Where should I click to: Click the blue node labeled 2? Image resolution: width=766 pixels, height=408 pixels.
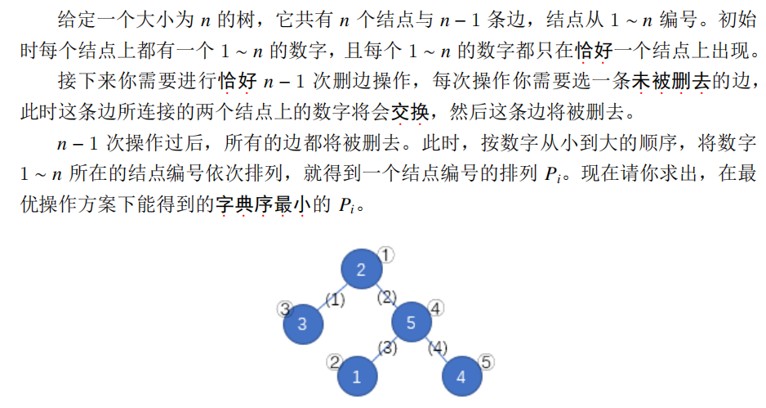coord(361,271)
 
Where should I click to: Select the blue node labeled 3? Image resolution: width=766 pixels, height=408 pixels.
coord(303,323)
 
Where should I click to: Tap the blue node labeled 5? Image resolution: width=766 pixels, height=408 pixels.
coord(411,322)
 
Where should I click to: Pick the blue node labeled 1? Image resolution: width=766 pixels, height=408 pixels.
coord(356,376)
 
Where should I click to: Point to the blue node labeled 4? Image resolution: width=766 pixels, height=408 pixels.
coord(461,376)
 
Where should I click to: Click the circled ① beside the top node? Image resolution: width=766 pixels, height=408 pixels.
coord(387,254)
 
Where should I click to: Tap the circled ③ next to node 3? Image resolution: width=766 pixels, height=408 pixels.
coord(285,308)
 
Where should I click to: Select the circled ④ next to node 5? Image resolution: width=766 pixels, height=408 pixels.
coord(436,308)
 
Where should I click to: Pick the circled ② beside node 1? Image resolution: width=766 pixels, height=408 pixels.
coord(333,361)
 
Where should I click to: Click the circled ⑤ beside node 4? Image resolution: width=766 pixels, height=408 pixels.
coord(487,361)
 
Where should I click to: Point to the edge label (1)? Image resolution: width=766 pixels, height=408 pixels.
coord(336,300)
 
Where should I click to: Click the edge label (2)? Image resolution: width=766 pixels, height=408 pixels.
coord(387,296)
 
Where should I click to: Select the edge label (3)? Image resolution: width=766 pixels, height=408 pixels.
coord(387,349)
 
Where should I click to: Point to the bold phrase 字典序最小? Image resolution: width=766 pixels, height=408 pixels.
coord(259,204)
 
